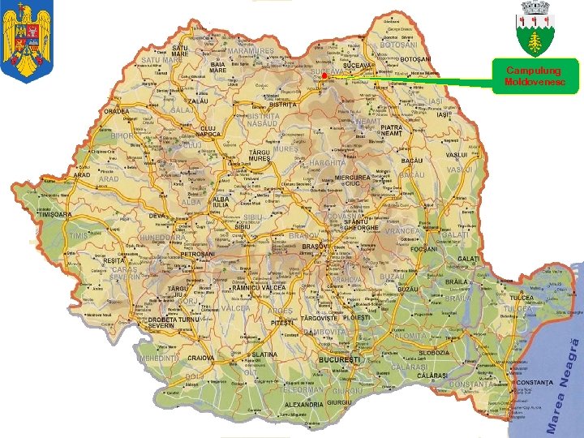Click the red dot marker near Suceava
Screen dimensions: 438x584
pyautogui.click(x=323, y=76)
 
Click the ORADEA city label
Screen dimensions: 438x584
pyautogui.click(x=116, y=112)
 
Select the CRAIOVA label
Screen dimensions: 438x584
pyautogui.click(x=200, y=358)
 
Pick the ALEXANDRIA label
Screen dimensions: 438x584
pyautogui.click(x=303, y=404)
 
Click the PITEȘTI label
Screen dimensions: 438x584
pyautogui.click(x=282, y=323)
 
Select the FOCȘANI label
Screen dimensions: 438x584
pyautogui.click(x=423, y=249)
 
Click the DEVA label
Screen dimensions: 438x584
pyautogui.click(x=157, y=216)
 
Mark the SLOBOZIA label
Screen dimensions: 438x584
pyautogui.click(x=433, y=354)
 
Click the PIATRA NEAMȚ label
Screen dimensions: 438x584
pyautogui.click(x=391, y=130)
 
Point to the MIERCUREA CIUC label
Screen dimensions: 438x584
pyautogui.click(x=352, y=180)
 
